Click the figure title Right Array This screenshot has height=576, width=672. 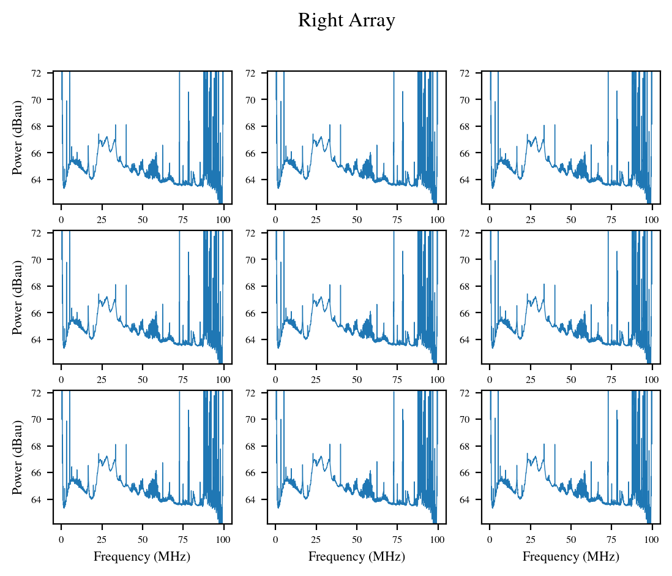346,21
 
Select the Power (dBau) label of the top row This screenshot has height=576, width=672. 18,137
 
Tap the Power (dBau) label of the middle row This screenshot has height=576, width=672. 18,297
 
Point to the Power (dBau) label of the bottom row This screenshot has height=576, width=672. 18,457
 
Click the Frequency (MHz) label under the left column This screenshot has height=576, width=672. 141,556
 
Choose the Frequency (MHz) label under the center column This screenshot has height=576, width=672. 356,556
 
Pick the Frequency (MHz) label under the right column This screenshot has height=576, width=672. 570,556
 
